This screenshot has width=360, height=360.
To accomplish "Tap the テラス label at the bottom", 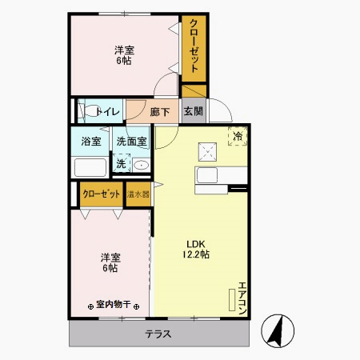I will click(158, 334).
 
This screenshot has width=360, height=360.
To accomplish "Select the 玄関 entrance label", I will click(193, 111).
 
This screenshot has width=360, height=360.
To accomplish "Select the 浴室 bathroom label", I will click(91, 142).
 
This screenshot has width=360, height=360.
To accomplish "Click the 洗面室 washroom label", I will click(132, 142).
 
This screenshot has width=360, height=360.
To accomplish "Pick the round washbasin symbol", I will click(141, 166).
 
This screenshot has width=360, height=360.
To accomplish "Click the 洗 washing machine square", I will click(121, 163).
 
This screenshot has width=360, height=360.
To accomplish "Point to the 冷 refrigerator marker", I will click(238, 137).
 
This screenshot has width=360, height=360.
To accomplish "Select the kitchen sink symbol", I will click(210, 175).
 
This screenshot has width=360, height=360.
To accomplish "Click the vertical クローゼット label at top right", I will click(194, 47).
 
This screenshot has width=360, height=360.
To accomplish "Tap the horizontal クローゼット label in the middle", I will click(102, 194).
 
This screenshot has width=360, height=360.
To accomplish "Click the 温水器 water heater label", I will click(138, 194).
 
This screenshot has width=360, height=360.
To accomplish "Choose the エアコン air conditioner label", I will click(242, 298).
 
